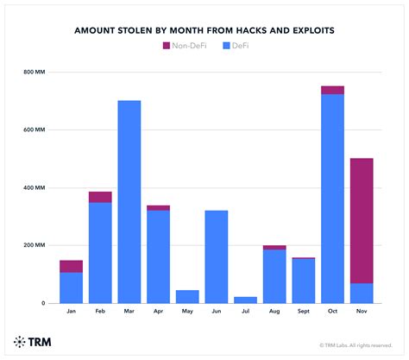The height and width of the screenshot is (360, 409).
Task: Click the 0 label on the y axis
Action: point(41,303)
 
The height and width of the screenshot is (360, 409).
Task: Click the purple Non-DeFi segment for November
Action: point(362,220)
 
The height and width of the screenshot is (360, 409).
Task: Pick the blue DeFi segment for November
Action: point(362,293)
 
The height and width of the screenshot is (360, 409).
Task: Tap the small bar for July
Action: point(245,300)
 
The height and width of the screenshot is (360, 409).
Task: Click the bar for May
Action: point(187,296)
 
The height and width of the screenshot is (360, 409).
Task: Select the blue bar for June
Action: point(217,256)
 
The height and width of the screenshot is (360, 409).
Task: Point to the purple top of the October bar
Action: point(332,90)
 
